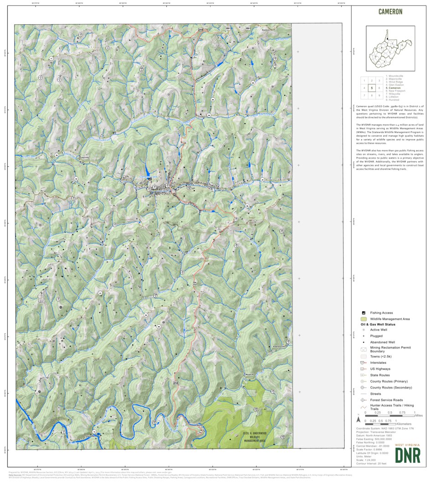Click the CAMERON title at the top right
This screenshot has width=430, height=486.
point(390,12)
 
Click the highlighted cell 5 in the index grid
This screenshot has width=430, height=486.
point(372,88)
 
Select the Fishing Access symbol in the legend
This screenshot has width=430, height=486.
point(363,313)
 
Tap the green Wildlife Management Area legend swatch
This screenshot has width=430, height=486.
point(363,319)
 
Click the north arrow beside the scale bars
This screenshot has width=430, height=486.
point(359,418)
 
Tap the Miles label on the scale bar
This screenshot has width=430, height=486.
point(419,415)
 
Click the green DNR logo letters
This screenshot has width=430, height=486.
point(407,455)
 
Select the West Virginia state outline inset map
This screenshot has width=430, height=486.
point(390,48)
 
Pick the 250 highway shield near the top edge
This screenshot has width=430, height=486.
point(201,30)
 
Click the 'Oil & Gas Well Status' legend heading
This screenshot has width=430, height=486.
point(378,325)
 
